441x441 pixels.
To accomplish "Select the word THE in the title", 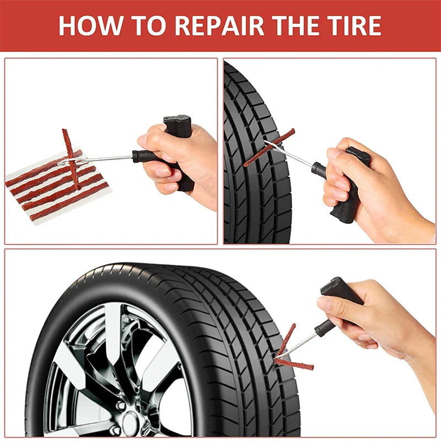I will point(289,25).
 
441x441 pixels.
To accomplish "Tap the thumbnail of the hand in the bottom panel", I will point(325,303).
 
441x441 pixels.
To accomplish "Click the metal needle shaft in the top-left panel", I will point(107,159).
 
